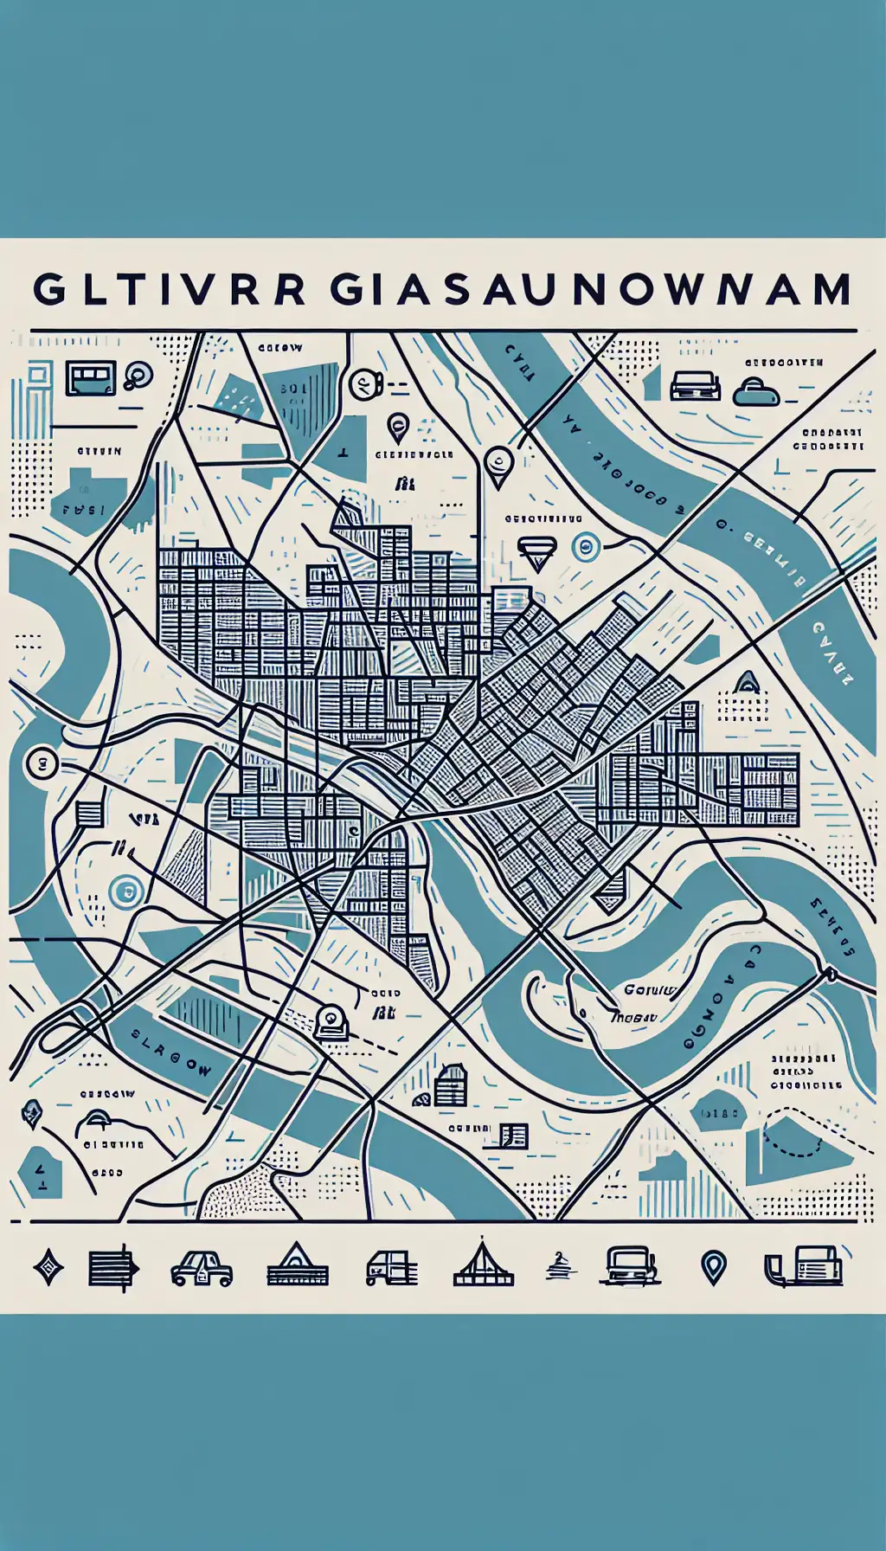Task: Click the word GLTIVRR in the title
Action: click(170, 290)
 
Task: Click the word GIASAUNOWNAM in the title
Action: click(591, 290)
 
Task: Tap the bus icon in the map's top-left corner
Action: click(90, 379)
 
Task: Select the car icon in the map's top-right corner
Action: click(696, 386)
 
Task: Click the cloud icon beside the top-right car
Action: click(756, 392)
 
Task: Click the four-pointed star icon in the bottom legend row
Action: click(48, 1270)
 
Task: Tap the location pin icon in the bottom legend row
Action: click(713, 1268)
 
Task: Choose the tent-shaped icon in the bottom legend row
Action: click(483, 1266)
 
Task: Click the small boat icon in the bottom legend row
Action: click(556, 1268)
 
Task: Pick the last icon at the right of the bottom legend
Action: click(804, 1268)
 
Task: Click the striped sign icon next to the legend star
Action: click(112, 1270)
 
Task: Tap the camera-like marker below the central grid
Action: click(331, 1021)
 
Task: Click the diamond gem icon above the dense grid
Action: click(536, 551)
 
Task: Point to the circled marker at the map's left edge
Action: click(41, 763)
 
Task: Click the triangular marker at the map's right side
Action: click(746, 683)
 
